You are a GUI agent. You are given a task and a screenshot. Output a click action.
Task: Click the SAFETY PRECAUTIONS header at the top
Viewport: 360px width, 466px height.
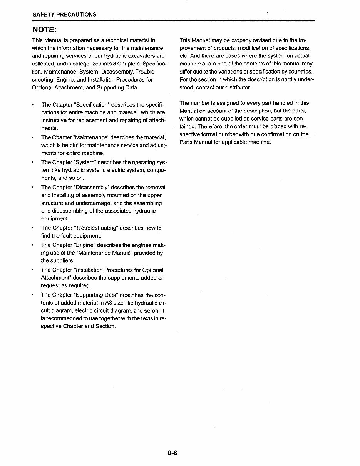pyautogui.click(x=64, y=15)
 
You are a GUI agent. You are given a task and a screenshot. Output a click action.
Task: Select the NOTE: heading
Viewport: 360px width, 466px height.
pyautogui.click(x=44, y=30)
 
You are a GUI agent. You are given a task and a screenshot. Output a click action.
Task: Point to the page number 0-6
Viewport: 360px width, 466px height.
pyautogui.click(x=172, y=453)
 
